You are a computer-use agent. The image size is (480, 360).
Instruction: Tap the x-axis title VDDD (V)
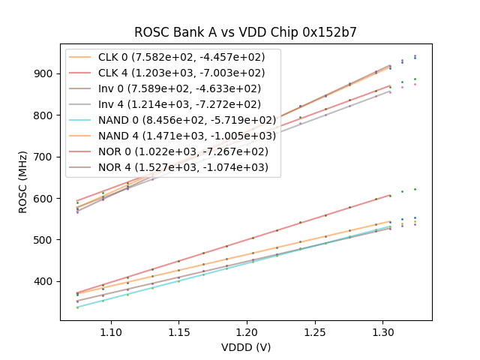click(246, 347)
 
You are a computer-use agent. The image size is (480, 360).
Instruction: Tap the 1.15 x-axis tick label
click(179, 331)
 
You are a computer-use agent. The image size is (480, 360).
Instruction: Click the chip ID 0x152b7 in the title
click(328, 32)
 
